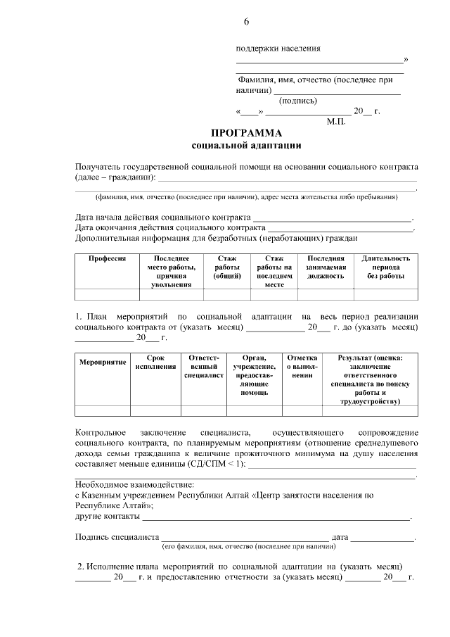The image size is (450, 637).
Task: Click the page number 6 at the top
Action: click(x=246, y=21)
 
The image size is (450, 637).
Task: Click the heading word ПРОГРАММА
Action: click(x=246, y=134)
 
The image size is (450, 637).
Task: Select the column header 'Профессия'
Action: click(x=107, y=259)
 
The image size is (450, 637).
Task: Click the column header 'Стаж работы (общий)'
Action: click(x=227, y=267)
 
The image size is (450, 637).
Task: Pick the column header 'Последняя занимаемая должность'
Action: click(x=325, y=267)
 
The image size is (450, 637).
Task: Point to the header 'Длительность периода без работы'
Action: click(x=385, y=267)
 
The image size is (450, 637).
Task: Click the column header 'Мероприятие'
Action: click(x=103, y=362)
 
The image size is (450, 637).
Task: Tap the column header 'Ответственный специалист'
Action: click(x=204, y=367)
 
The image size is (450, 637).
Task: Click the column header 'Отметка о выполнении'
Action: click(x=302, y=367)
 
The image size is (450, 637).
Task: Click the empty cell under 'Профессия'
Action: click(x=107, y=294)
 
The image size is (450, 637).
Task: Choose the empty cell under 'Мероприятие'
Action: click(x=103, y=411)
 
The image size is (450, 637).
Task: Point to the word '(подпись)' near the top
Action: click(x=298, y=100)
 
